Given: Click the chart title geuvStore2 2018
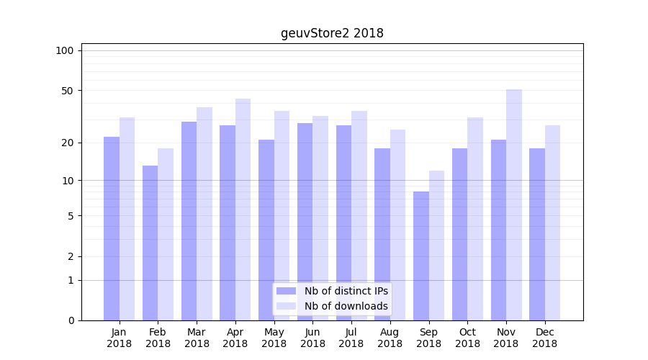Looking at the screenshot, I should tap(332, 33).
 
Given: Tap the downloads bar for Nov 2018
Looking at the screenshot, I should tap(513, 204).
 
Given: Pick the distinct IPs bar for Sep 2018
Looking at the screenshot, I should tap(421, 256).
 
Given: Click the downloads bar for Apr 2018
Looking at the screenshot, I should tap(243, 210).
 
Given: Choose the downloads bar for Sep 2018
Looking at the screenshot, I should tap(436, 246).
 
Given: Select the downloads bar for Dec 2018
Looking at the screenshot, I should tap(552, 222).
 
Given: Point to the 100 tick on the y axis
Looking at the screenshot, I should tap(65, 50).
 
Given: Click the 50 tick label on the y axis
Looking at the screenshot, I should tap(67, 91).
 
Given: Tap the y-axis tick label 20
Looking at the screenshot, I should tap(67, 143).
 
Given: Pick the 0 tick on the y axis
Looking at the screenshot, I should tap(71, 320).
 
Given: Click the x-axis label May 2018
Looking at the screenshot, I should tap(274, 338).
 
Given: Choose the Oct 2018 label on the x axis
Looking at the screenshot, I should tap(467, 338).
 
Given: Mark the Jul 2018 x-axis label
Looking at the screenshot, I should tap(351, 338).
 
